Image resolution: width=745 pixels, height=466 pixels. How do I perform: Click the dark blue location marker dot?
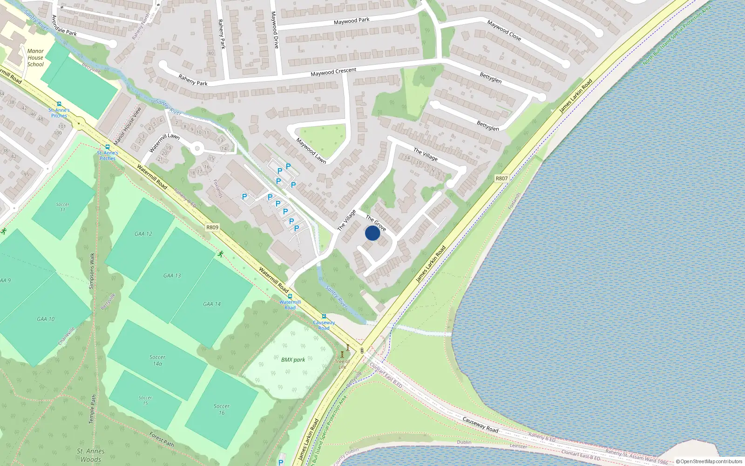372,233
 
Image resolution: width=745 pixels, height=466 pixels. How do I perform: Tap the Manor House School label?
35,58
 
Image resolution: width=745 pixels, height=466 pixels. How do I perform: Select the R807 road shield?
501,178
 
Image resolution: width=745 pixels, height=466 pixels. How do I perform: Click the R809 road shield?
212,227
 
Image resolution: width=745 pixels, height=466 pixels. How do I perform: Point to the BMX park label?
293,360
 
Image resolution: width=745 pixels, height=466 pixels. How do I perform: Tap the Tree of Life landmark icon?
347,348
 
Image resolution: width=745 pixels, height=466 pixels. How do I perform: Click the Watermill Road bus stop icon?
290,296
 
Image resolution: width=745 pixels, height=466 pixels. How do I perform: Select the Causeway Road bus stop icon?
324,316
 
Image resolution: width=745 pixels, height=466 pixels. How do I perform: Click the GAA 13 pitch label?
172,275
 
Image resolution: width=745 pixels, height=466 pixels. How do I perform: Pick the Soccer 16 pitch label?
222,409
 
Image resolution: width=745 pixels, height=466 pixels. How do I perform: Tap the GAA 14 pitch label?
212,304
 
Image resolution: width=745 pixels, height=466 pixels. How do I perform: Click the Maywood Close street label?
504,30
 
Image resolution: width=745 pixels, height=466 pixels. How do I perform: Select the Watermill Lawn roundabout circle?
197,150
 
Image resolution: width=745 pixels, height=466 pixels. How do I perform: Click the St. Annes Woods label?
90,455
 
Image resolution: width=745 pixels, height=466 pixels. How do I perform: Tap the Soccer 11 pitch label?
63,207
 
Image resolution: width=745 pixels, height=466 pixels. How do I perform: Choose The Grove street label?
376,223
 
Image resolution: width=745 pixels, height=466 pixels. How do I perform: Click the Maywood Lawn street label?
311,151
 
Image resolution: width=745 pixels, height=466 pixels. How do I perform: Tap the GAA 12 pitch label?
143,234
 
